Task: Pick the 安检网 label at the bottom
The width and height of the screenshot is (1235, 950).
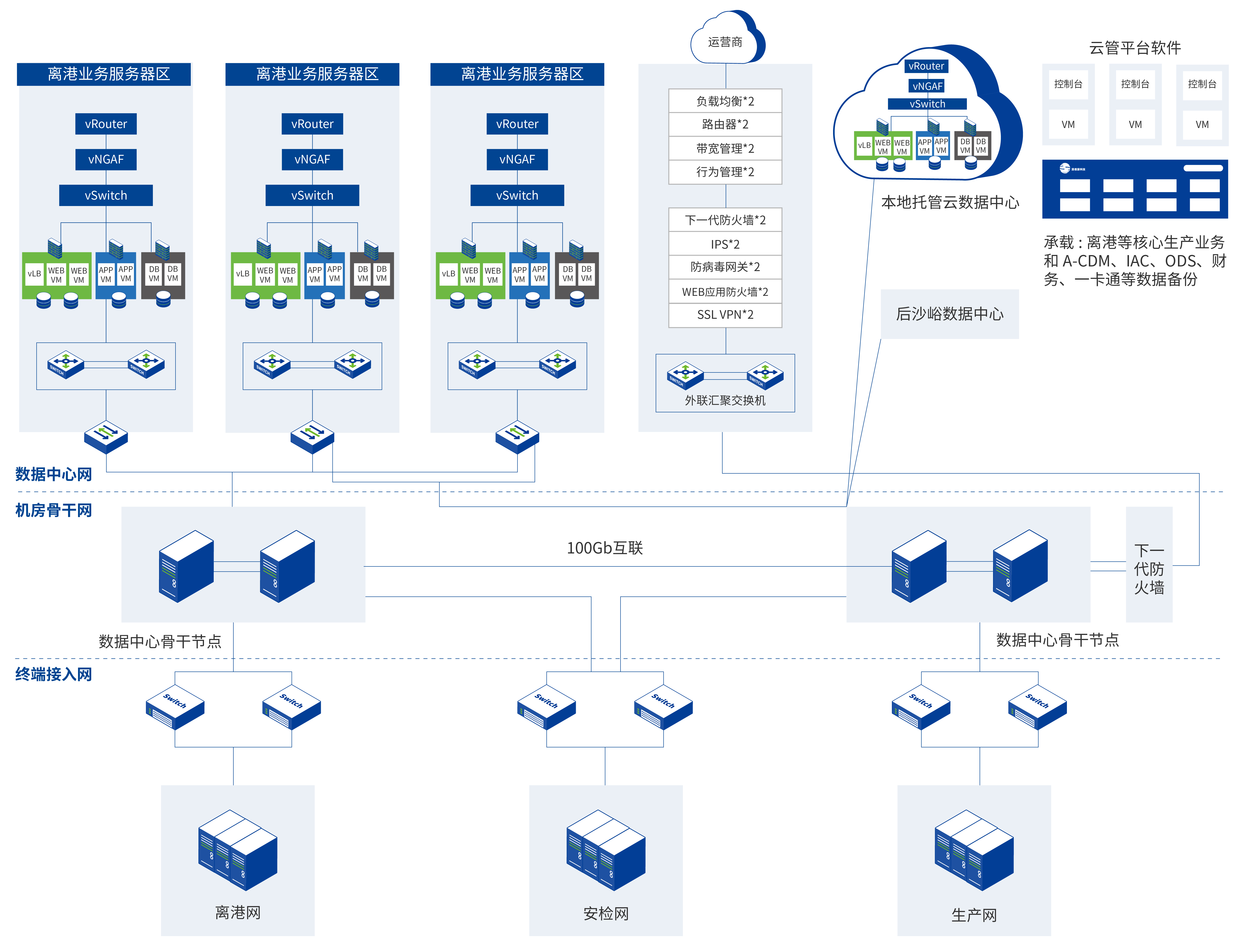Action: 606,913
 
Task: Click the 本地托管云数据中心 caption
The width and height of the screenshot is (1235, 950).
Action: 950,203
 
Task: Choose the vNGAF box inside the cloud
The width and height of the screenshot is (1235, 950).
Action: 927,86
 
